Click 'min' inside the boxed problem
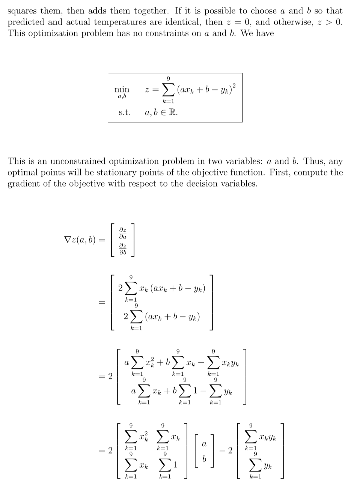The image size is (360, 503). [122, 89]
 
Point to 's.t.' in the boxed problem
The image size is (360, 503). [125, 112]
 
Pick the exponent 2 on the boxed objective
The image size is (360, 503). [234, 86]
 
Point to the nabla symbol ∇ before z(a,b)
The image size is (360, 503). [68, 240]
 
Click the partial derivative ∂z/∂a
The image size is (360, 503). [123, 233]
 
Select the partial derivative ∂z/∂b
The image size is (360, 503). [123, 249]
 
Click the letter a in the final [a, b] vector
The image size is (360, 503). [204, 444]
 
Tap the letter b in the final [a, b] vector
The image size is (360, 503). [204, 459]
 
